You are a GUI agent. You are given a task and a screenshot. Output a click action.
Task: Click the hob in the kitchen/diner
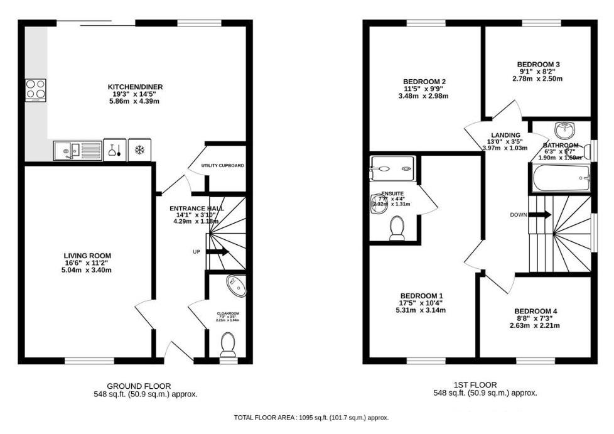35,90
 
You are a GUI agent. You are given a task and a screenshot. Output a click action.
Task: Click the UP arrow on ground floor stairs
217,252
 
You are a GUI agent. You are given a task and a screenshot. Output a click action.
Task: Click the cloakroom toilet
227,345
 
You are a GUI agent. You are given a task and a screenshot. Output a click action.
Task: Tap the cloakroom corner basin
237,286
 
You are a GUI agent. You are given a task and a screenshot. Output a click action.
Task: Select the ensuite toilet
397,228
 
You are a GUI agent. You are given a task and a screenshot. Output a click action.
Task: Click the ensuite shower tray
392,168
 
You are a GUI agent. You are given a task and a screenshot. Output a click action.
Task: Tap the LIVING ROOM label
87,256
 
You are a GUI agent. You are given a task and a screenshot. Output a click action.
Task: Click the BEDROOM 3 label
538,64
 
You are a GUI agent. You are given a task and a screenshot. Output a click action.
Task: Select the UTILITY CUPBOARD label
223,166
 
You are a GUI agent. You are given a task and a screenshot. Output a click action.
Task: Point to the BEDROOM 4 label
536,311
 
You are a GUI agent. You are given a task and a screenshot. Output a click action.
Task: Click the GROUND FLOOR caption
138,386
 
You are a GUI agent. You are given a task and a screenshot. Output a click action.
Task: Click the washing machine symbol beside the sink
113,151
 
